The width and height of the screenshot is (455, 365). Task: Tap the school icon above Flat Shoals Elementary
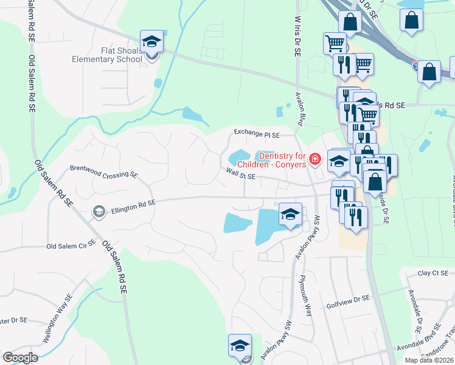tap(151, 42)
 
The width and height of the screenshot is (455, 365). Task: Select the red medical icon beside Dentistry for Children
tap(314, 159)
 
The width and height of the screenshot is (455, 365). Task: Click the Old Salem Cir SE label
tap(72, 246)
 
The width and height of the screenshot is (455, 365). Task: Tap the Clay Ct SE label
tap(432, 273)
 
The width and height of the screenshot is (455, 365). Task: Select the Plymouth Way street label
tap(305, 296)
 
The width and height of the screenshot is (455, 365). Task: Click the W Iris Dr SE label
tap(297, 36)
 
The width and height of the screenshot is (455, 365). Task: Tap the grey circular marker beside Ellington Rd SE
tap(99, 211)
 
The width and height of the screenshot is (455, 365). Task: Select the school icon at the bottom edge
tap(240, 346)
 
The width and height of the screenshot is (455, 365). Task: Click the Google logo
tap(19, 358)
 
